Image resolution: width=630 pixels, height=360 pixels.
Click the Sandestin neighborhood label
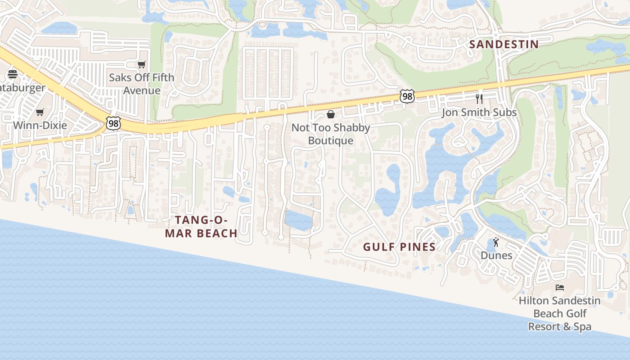504,44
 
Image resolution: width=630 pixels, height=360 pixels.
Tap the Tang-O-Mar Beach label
201,226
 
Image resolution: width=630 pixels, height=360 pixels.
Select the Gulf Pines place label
399,247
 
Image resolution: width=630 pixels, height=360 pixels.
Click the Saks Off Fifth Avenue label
142,84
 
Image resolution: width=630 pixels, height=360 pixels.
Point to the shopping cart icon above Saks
142,65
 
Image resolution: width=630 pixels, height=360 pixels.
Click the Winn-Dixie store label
40,125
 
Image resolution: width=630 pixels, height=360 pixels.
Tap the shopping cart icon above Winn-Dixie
40,112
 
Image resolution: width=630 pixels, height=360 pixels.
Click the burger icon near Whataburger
12,74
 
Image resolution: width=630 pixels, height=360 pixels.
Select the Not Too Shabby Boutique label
331,134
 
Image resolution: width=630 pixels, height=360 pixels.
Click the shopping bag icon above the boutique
331,114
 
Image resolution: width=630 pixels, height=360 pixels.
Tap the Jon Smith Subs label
479,112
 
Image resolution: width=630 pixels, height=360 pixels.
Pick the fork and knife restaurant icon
479,99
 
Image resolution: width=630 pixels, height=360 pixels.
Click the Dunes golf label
496,255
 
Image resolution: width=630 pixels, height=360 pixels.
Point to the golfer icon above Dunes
496,243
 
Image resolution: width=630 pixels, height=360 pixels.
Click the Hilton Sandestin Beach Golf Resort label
559,313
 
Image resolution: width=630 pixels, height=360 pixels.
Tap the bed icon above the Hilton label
560,287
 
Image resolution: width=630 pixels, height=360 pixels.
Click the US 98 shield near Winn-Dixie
113,121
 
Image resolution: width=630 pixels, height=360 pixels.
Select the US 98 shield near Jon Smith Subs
407,96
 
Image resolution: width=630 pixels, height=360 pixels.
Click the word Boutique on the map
331,141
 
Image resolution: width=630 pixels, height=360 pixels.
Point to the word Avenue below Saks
142,90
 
